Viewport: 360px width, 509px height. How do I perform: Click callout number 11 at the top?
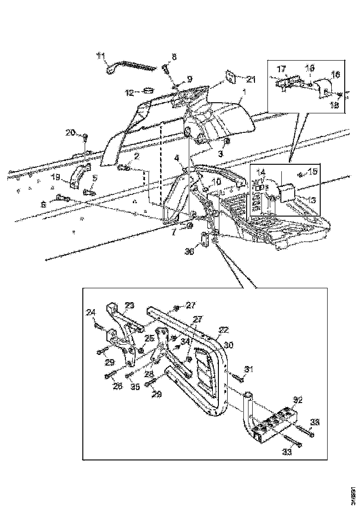point(100,56)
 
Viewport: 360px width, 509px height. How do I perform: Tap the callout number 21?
point(250,80)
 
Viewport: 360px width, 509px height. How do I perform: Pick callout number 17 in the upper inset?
point(281,69)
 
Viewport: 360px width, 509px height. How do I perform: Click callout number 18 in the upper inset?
point(333,105)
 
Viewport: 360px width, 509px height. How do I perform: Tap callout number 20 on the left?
point(70,133)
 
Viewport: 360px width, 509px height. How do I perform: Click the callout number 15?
point(313,173)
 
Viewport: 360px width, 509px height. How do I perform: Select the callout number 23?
point(130,305)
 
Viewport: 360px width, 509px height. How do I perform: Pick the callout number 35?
point(135,386)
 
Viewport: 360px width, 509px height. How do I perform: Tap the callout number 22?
point(223,330)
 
